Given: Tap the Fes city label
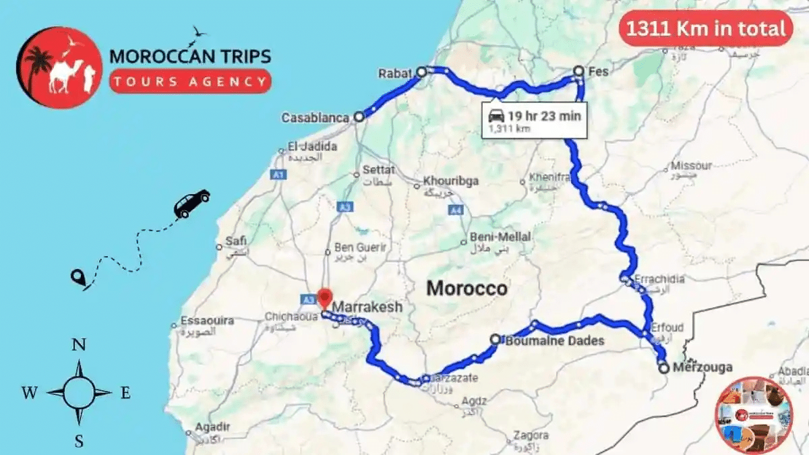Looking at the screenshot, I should [x=598, y=71].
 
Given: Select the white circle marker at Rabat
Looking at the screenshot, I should [x=422, y=71].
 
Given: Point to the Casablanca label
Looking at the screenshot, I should [x=316, y=118].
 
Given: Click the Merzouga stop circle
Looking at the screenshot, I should [x=663, y=368].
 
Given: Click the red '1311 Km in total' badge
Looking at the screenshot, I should [x=705, y=29].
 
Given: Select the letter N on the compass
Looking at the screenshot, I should [x=79, y=345].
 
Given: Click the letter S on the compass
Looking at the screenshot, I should [x=79, y=442].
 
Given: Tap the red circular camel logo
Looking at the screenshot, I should [x=59, y=67].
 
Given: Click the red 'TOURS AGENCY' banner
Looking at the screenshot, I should [x=190, y=82].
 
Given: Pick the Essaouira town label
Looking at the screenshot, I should [x=207, y=321].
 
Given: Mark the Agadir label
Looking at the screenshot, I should [x=212, y=427].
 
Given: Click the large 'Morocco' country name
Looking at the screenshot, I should [x=467, y=289].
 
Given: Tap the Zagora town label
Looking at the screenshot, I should [x=531, y=435].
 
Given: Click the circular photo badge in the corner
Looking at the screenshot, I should [x=754, y=415].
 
